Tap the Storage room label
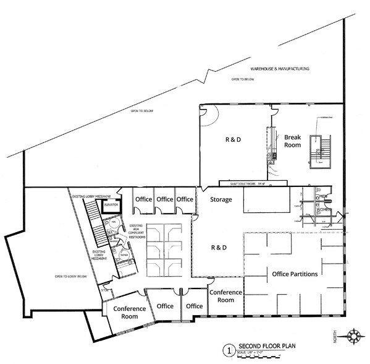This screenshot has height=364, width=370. [x=221, y=200]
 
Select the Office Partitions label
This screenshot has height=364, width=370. [x=295, y=274]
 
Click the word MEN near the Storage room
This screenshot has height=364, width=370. [x=323, y=197]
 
